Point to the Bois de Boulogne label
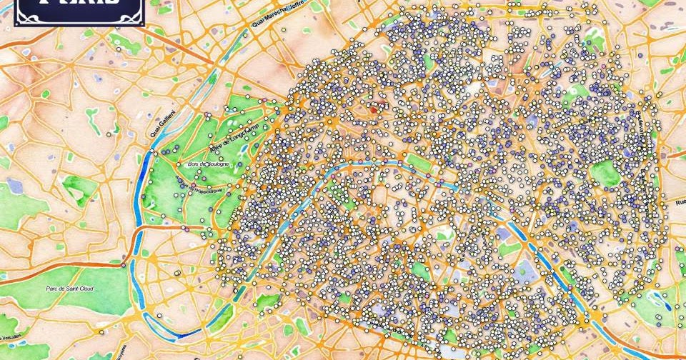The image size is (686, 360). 209,164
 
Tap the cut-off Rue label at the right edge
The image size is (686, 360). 680,202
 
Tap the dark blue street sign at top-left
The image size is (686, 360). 79,11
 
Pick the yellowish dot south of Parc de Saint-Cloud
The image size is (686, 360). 177,273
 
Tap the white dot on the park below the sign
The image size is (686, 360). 119,51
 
